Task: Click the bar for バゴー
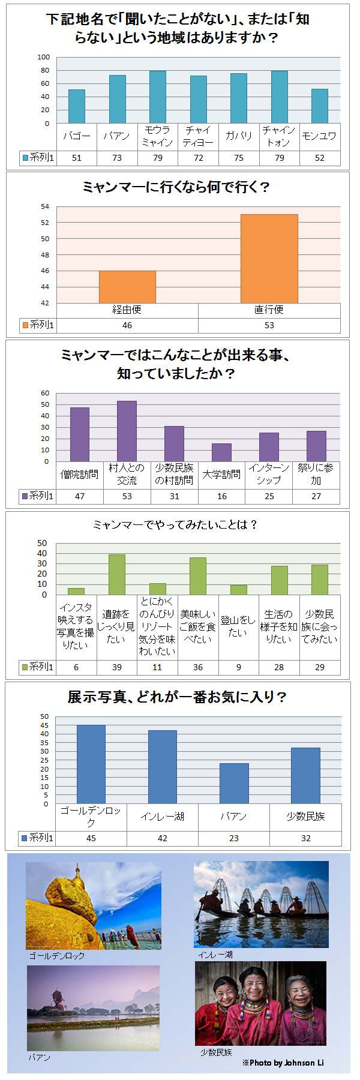[x=76, y=107]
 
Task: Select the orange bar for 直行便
[x=269, y=259]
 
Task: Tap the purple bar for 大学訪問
[x=221, y=452]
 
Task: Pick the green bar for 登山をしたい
[x=238, y=590]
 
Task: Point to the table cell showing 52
[x=320, y=158]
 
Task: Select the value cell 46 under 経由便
[x=127, y=325]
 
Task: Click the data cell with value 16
[x=222, y=496]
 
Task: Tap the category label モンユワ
[x=320, y=136]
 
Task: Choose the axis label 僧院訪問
[x=79, y=474]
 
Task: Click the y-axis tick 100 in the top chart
[x=44, y=57]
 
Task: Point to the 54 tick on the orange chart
[x=45, y=206]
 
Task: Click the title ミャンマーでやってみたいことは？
[x=175, y=524]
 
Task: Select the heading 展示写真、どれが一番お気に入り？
[x=177, y=697]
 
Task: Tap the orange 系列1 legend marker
[x=25, y=325]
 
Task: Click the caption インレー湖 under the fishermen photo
[x=215, y=954]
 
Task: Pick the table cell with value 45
[x=91, y=838]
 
